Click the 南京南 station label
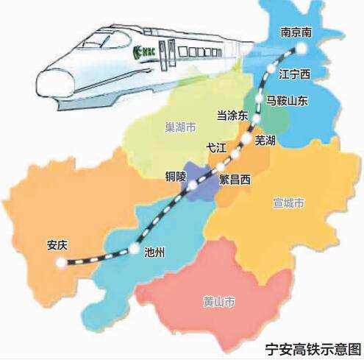[298, 33]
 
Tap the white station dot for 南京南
[301, 49]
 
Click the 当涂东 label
[232, 116]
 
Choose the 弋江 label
[217, 147]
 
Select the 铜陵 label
[177, 177]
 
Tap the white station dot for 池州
[133, 248]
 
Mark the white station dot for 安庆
[60, 261]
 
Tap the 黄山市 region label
[218, 302]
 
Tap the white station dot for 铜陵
[192, 188]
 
